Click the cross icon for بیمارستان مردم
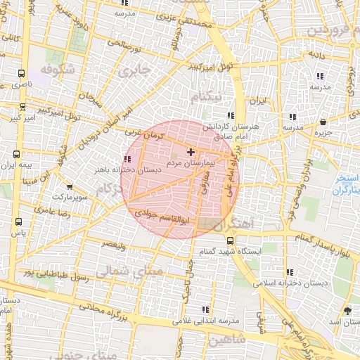coord(191,152)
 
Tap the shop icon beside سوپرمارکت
coord(69,187)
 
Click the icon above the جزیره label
coord(323,122)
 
